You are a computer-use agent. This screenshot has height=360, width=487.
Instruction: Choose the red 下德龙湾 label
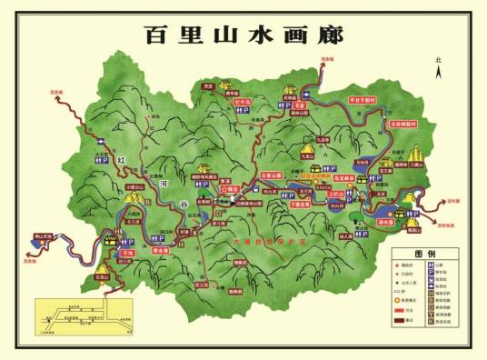coord(301,204)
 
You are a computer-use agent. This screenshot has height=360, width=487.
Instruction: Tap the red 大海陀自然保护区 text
coord(263,243)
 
